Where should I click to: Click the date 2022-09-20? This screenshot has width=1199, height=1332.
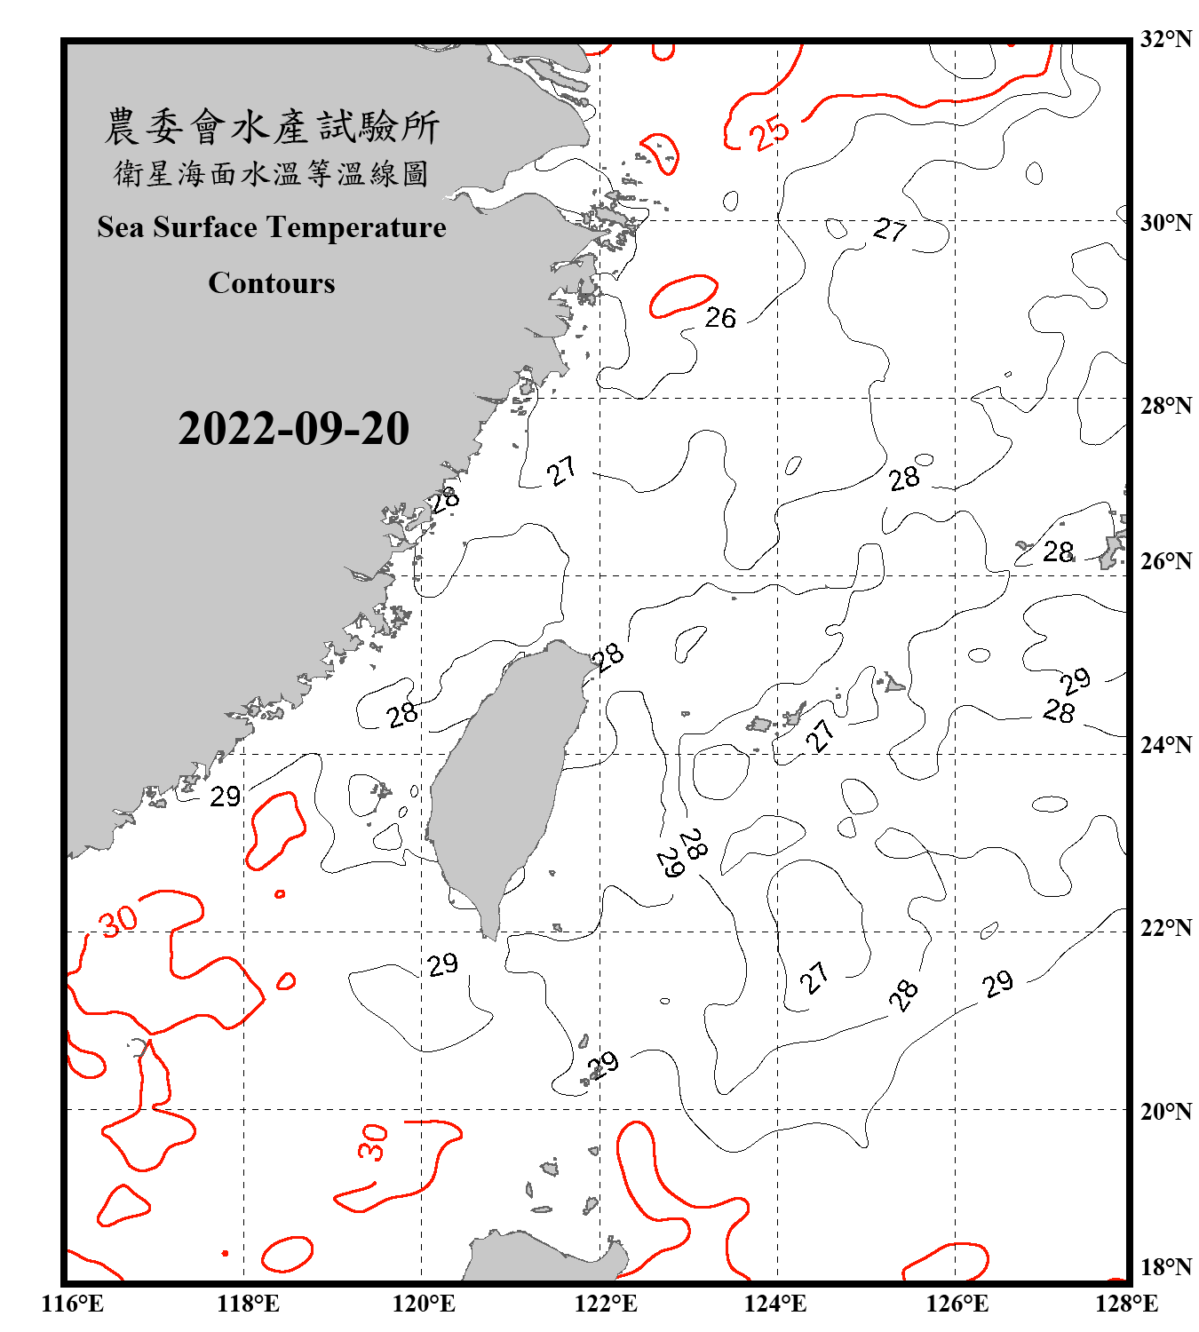[293, 428]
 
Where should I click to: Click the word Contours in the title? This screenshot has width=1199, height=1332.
[271, 282]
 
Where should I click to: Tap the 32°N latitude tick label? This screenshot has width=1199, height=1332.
[1165, 39]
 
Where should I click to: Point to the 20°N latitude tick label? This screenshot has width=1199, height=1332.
[1165, 1111]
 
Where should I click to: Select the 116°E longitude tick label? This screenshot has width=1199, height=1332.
[72, 1304]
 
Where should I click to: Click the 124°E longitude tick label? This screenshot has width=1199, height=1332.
[775, 1304]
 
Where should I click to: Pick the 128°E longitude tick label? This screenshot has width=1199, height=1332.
[1126, 1304]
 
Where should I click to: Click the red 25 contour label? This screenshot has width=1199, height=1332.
[768, 132]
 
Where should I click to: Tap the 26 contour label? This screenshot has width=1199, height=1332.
[720, 317]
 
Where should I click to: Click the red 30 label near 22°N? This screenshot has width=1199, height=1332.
[118, 921]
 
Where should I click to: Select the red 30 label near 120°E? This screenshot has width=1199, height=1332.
[373, 1142]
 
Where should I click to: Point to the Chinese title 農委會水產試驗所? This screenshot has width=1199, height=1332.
[271, 126]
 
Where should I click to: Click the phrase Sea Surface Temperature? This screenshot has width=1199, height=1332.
[271, 227]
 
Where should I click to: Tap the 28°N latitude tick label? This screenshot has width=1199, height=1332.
[1165, 406]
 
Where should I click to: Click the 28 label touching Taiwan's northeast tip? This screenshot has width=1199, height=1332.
[609, 657]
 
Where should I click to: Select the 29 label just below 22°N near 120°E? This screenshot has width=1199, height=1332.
[442, 964]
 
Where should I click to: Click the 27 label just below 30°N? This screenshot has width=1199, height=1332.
[889, 230]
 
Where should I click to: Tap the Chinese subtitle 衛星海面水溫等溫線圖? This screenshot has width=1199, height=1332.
[271, 173]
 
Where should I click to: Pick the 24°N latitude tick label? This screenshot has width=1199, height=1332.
[1165, 744]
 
